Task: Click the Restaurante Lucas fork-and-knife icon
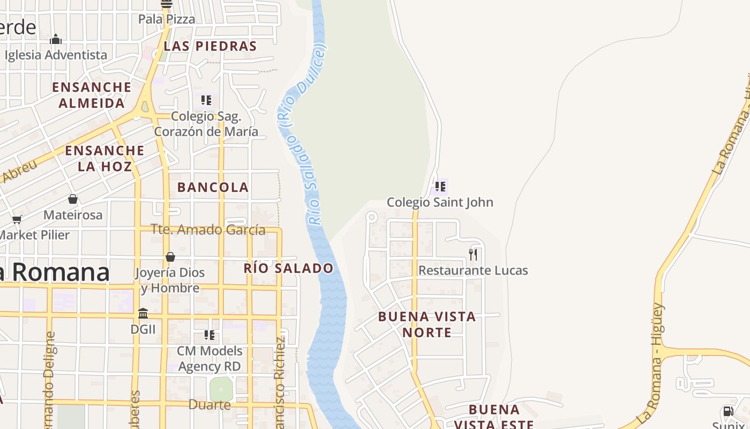click(x=473, y=254)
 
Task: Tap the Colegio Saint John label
click(x=440, y=202)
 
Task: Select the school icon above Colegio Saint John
click(x=440, y=187)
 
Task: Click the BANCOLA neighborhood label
click(x=213, y=187)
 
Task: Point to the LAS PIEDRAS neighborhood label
click(x=210, y=46)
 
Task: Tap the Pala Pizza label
click(x=167, y=19)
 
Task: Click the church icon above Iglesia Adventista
click(x=56, y=39)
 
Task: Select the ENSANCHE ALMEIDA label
click(x=92, y=95)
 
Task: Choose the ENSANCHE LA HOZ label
click(x=104, y=158)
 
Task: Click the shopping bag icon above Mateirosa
click(x=73, y=199)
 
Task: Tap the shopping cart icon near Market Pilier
click(x=17, y=219)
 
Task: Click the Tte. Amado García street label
click(x=208, y=230)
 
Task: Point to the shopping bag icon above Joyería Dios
click(x=170, y=257)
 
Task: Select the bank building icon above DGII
click(x=143, y=313)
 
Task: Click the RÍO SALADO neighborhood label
click(x=288, y=268)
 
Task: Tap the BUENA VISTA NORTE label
click(x=427, y=324)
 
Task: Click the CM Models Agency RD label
click(x=209, y=359)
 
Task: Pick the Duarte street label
click(x=209, y=405)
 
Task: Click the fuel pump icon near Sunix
click(x=728, y=411)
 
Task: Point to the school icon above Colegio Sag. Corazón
click(x=206, y=100)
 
